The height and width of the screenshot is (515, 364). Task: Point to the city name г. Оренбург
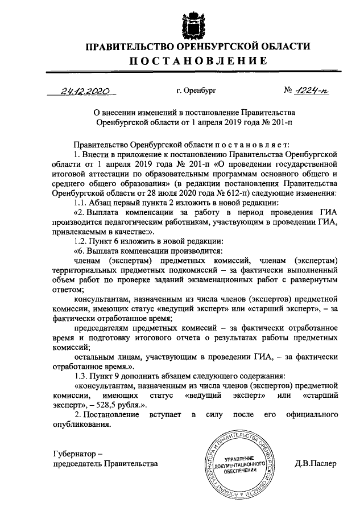pos(196,90)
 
